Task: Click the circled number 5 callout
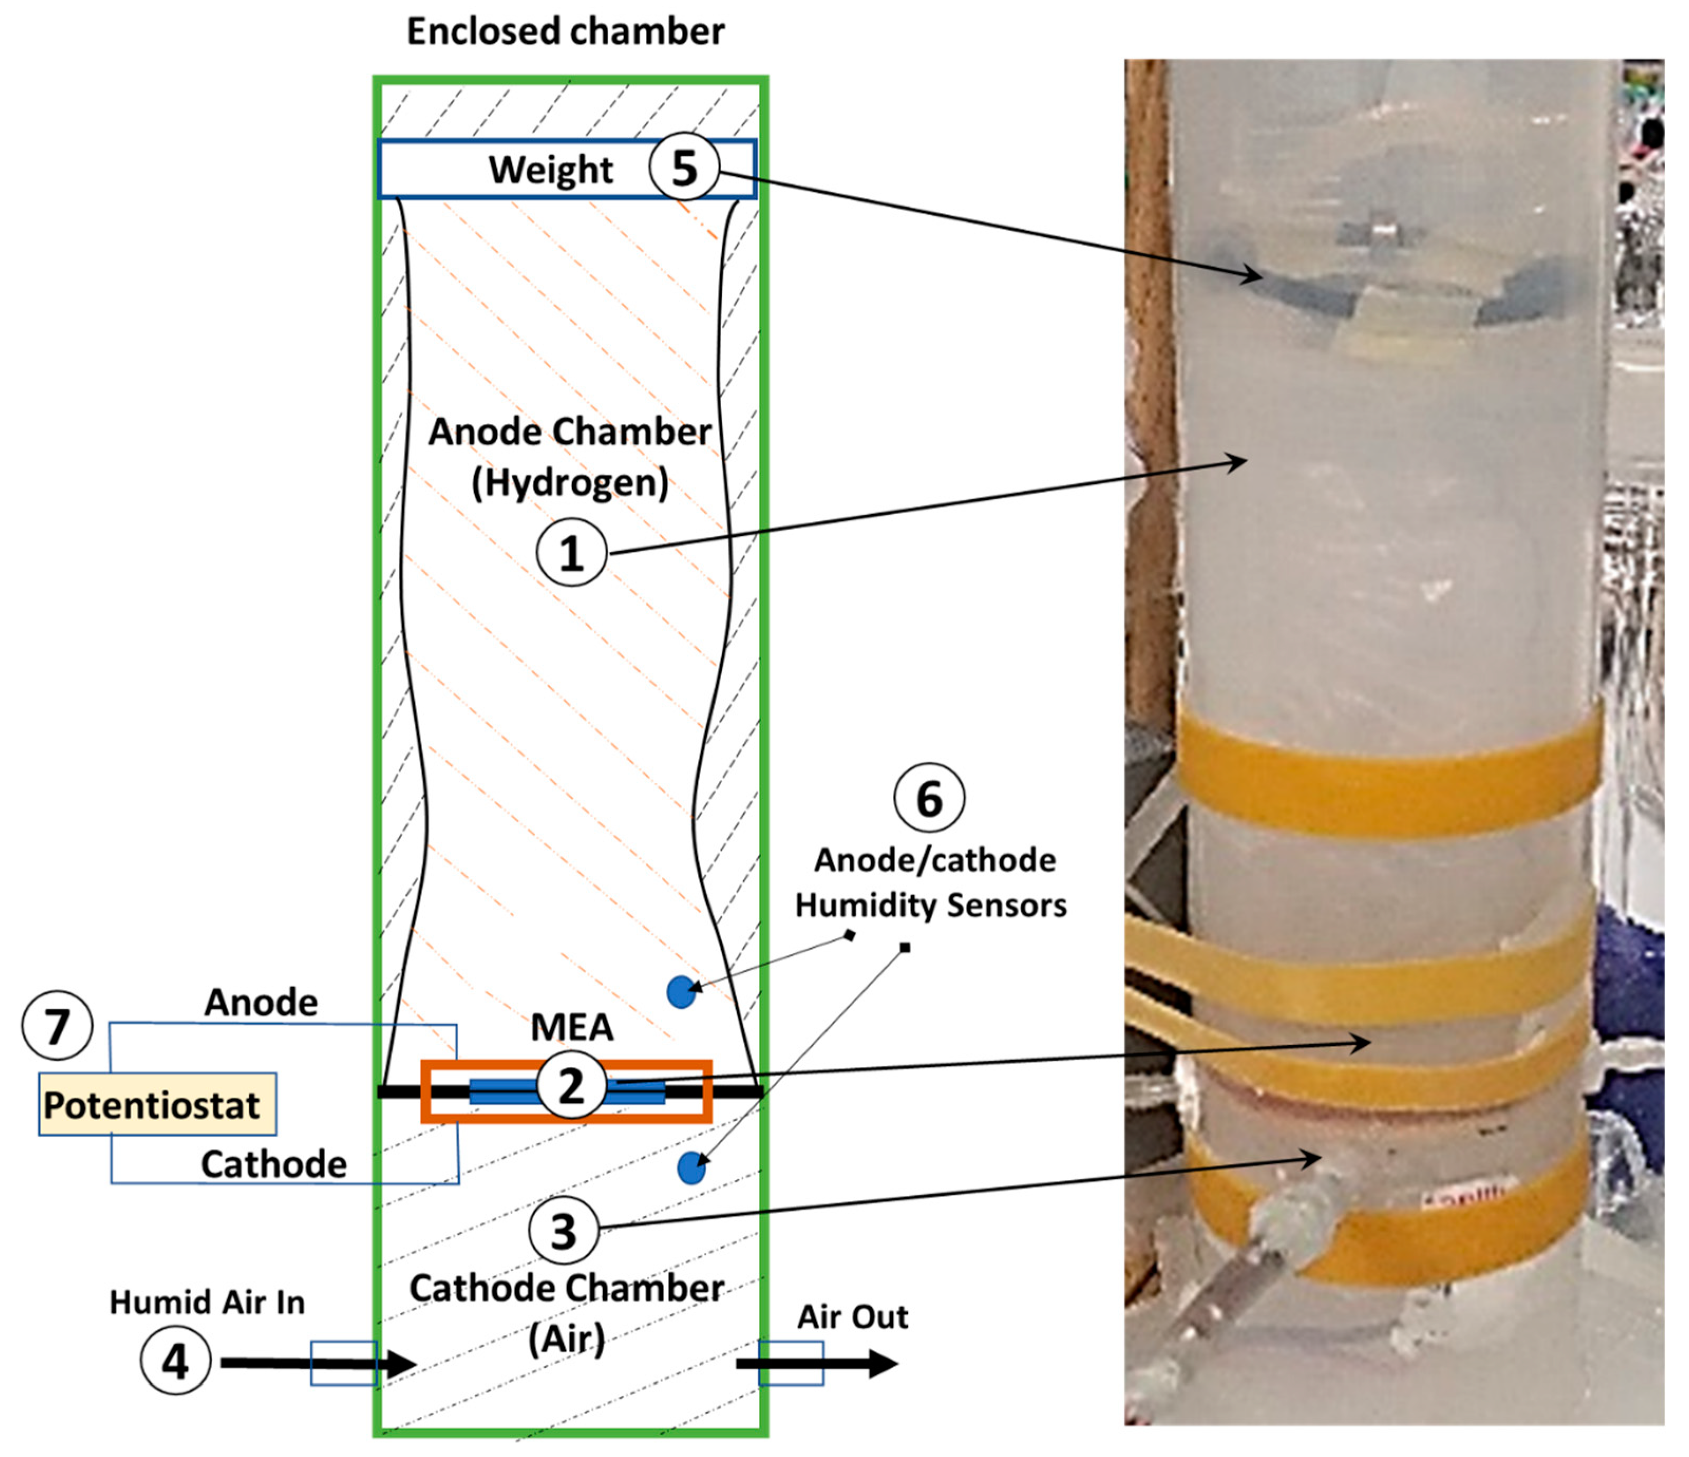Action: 684,168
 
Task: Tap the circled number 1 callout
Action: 572,553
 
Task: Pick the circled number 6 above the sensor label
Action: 929,798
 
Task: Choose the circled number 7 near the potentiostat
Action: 57,1025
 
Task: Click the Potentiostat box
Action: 157,1105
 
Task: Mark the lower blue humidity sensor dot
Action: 691,1168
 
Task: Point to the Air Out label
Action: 852,1317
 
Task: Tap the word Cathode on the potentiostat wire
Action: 274,1165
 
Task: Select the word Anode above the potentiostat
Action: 261,1002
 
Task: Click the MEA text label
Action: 572,1027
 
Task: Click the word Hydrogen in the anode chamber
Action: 571,482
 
